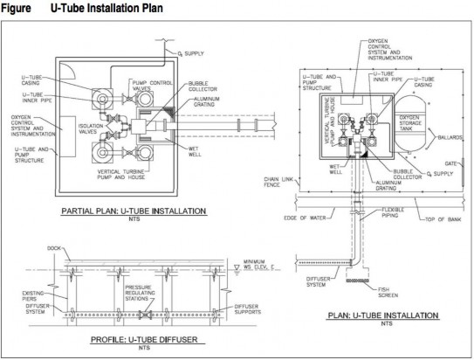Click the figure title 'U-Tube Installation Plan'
click(x=106, y=8)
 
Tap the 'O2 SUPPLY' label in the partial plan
click(x=191, y=53)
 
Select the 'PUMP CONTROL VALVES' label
click(x=152, y=86)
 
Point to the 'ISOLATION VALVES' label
click(x=91, y=128)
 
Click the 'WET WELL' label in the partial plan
click(x=194, y=151)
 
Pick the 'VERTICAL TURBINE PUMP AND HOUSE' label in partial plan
click(x=121, y=174)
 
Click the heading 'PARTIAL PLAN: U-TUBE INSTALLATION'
click(x=134, y=211)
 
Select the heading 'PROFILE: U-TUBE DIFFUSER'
click(x=144, y=339)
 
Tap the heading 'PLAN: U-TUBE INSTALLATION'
click(x=383, y=315)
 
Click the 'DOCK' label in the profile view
click(x=54, y=248)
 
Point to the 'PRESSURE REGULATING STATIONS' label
click(x=140, y=293)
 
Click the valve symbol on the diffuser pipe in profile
click(x=145, y=315)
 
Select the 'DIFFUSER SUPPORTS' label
click(x=248, y=309)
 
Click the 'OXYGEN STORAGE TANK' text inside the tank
click(x=410, y=123)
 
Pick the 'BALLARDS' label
click(x=450, y=137)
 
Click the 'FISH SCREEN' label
click(x=388, y=292)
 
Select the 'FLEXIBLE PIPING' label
click(x=393, y=212)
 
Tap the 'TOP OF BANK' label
click(x=443, y=219)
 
